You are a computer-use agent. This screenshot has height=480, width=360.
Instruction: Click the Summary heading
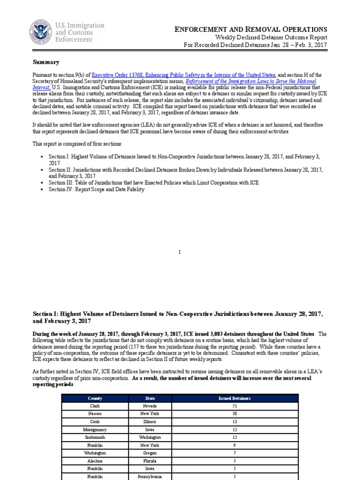[46, 62]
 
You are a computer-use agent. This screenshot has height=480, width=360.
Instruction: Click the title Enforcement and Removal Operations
[251, 30]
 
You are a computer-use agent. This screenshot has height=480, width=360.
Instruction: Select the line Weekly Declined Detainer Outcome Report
[271, 37]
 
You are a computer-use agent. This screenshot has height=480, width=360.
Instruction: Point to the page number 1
[180, 252]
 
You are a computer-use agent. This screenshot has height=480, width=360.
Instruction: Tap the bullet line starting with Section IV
[97, 189]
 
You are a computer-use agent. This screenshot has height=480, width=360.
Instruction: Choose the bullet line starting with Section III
[153, 182]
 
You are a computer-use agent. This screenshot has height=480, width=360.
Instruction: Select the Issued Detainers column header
[234, 398]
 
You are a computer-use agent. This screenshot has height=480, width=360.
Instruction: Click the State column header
[150, 398]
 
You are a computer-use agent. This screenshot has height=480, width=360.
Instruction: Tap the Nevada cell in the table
[150, 406]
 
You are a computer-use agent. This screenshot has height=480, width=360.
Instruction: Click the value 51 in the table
[234, 406]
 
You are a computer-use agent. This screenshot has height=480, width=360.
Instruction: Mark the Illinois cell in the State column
[150, 421]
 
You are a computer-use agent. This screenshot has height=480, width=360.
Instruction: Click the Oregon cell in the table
[150, 453]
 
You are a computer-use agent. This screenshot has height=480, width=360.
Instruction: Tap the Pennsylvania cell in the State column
[150, 476]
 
